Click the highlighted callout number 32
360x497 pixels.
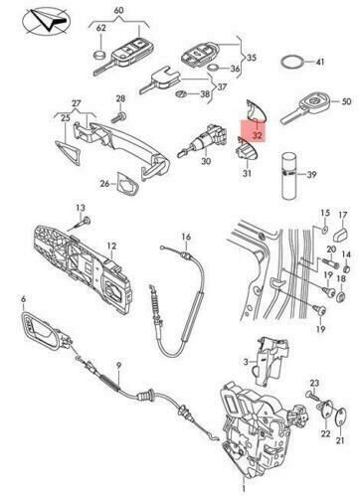pos(258,135)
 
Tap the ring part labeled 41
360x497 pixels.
pos(281,62)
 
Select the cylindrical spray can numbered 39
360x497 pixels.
pos(288,175)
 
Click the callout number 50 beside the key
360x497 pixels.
pos(346,101)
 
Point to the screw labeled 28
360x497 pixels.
pos(119,116)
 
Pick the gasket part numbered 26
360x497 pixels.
pos(127,183)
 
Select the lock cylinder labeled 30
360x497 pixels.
pos(202,140)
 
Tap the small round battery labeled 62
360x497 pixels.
pos(100,54)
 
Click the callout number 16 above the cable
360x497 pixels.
pos(186,237)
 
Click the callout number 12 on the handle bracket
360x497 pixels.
pos(111,246)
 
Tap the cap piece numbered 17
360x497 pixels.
pos(341,234)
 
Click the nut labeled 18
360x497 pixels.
pos(341,295)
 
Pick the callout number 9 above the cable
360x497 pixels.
pos(118,366)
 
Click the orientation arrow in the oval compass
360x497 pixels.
pos(50,21)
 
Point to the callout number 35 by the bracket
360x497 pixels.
pos(252,58)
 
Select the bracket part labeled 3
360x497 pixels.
pos(272,361)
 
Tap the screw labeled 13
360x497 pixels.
pos(80,226)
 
